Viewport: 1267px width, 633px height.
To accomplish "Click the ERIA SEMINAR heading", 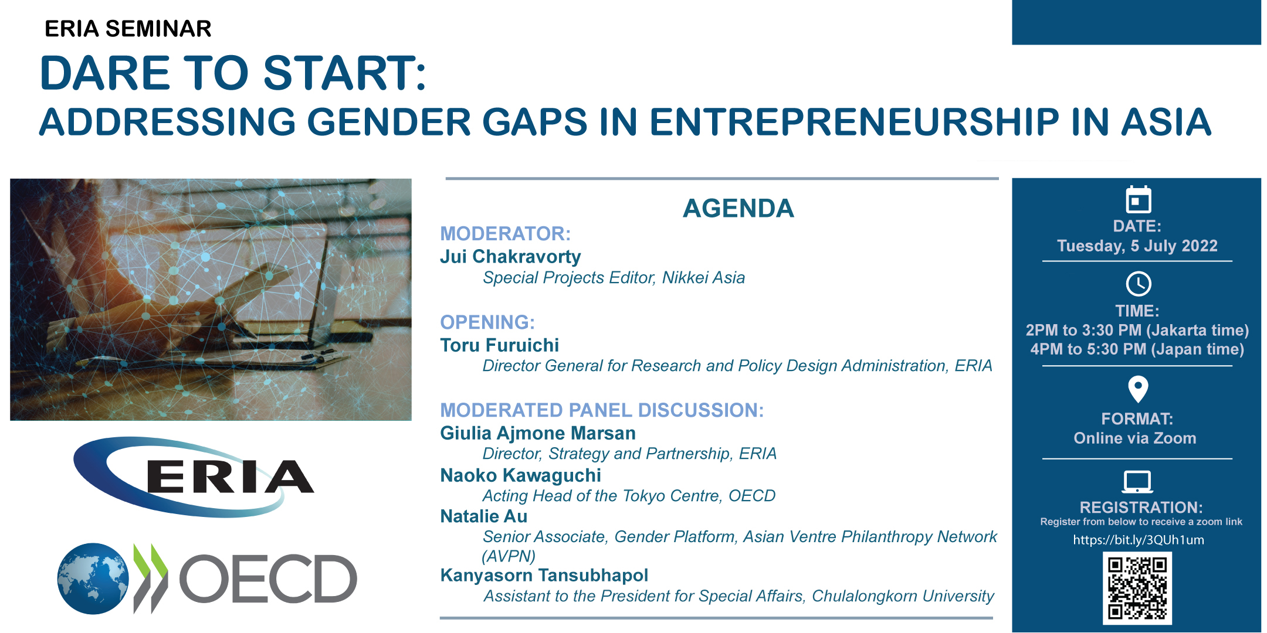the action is click(x=128, y=29).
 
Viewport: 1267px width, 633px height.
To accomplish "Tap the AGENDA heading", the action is click(x=738, y=209).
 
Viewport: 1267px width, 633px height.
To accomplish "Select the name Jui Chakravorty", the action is click(x=510, y=257).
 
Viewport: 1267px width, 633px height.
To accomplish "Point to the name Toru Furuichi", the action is click(x=500, y=345).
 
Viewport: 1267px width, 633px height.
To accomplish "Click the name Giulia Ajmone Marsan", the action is click(x=538, y=433).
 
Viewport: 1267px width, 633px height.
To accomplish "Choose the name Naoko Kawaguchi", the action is click(x=521, y=475).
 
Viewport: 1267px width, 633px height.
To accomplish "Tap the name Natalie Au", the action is click(x=484, y=516).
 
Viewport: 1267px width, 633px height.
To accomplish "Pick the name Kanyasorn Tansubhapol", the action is click(x=544, y=576).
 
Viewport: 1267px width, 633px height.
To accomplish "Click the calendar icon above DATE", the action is click(x=1139, y=199).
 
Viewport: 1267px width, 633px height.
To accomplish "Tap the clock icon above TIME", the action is click(x=1139, y=284).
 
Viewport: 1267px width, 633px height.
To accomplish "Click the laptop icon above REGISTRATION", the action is click(x=1137, y=482).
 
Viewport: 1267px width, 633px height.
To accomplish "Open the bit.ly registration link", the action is click(x=1139, y=540).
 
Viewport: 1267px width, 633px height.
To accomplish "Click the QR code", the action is click(x=1137, y=588).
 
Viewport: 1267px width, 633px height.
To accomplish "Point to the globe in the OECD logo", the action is click(x=93, y=578).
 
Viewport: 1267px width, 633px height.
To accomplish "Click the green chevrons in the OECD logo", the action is click(x=151, y=567).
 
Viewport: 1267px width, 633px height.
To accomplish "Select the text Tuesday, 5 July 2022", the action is click(x=1137, y=246).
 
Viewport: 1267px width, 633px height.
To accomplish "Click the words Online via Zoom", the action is click(x=1135, y=438).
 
